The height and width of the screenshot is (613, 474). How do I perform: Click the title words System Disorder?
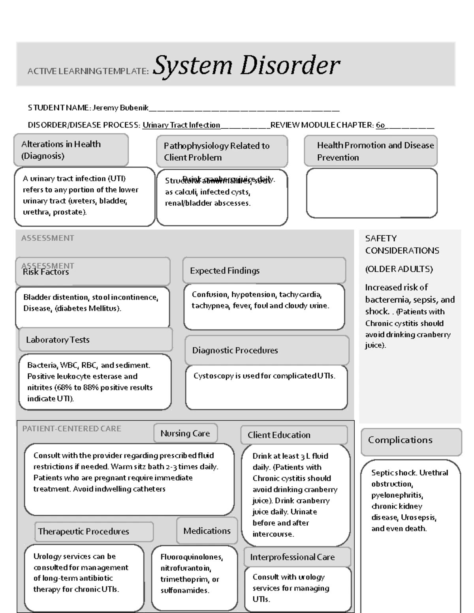pyautogui.click(x=246, y=65)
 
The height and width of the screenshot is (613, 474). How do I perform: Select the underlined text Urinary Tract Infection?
pyautogui.click(x=181, y=125)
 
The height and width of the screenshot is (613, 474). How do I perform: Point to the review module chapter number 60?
pyautogui.click(x=380, y=125)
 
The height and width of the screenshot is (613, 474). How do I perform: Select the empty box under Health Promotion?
pyautogui.click(x=372, y=193)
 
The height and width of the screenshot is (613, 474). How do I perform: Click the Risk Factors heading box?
pyautogui.click(x=92, y=272)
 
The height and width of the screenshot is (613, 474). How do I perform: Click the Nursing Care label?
pyautogui.click(x=185, y=433)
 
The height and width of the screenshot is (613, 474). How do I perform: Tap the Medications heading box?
pyautogui.click(x=207, y=531)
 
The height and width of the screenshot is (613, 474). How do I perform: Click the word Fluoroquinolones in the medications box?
pyautogui.click(x=192, y=557)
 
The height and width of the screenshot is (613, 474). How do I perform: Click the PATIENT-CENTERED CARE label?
pyautogui.click(x=71, y=429)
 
